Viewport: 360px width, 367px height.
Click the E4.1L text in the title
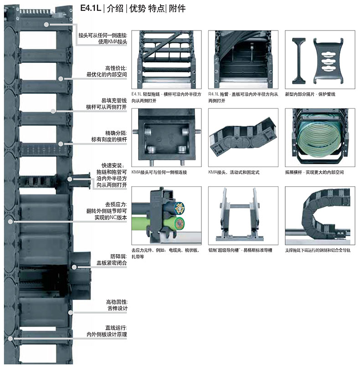pos(91,8)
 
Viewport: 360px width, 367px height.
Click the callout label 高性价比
pos(116,68)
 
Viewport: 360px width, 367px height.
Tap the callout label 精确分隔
pos(116,133)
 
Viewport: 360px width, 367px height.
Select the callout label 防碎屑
pos(118,256)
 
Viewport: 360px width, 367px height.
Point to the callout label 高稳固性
pos(117,302)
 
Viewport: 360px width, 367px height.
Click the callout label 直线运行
pos(116,328)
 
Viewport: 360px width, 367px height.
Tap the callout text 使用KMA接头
pos(113,42)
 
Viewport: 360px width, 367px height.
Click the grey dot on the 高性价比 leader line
pos(61,79)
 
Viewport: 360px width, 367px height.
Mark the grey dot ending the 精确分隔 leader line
pos(61,144)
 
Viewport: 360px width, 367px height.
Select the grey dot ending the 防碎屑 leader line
pos(74,267)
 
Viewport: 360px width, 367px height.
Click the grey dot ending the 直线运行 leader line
pos(10,338)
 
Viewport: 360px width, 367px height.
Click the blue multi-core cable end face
pos(179,208)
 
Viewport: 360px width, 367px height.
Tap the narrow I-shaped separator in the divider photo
pos(299,61)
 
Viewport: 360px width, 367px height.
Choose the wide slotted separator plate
pos(329,61)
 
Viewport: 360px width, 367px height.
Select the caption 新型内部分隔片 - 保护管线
pos(310,94)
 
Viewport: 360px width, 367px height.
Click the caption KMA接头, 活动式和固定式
pos(234,172)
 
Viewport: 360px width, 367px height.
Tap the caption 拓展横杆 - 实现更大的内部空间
pos(314,172)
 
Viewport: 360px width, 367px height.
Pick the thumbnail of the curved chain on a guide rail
pos(320,215)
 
